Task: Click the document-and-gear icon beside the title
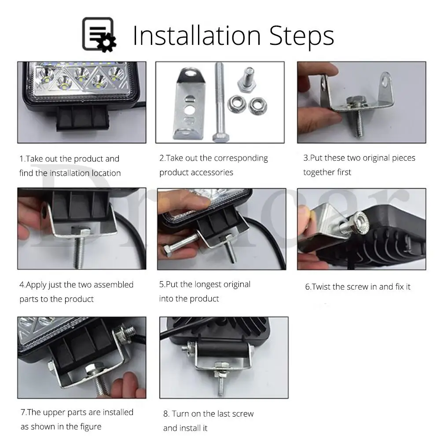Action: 99,35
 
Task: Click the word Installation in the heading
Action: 197,36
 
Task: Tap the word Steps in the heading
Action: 301,37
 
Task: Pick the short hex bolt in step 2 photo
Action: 247,80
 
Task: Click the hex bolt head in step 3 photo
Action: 356,100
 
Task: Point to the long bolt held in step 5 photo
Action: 181,244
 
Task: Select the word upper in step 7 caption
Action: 54,413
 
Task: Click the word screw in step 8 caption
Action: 243,414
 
